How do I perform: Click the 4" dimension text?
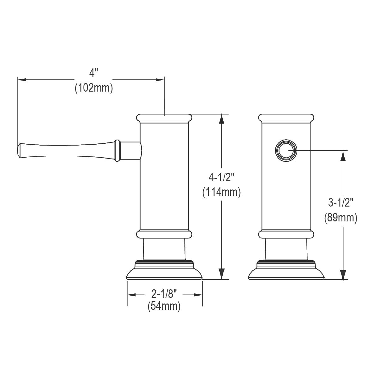click(94, 74)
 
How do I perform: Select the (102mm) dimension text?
click(94, 88)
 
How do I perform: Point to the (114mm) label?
click(221, 192)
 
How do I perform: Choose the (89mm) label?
click(340, 218)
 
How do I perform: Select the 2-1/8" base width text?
click(164, 294)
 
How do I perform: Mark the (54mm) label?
click(164, 306)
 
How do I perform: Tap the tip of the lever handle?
click(19, 150)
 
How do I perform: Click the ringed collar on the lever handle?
click(117, 150)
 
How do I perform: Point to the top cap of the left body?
click(164, 118)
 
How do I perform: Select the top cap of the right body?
click(286, 118)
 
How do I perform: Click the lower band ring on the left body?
click(164, 234)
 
